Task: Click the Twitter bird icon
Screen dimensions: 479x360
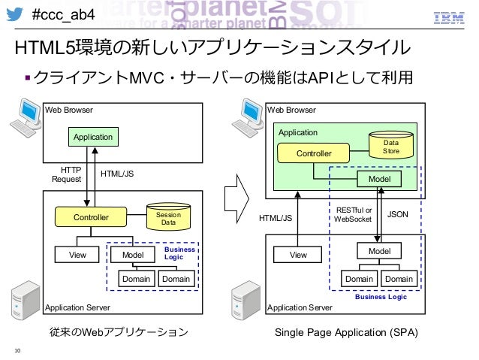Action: (x=15, y=14)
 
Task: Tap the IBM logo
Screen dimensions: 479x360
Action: (x=449, y=18)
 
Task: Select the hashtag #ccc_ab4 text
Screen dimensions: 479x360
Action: (x=63, y=14)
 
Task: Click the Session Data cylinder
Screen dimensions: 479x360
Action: (x=169, y=216)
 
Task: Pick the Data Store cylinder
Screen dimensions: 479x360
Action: (x=391, y=145)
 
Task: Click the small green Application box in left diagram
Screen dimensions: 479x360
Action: (x=93, y=137)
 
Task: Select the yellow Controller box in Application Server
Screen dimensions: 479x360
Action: (x=91, y=217)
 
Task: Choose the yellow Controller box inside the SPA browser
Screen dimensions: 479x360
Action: (x=313, y=153)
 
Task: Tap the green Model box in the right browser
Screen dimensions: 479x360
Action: (x=379, y=179)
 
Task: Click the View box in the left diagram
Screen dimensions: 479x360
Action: (x=77, y=255)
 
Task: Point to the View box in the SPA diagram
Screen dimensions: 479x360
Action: (x=297, y=255)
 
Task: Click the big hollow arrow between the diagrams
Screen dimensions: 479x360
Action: (x=236, y=199)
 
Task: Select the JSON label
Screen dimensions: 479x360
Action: (x=397, y=214)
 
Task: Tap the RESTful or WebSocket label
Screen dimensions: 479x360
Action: (x=353, y=214)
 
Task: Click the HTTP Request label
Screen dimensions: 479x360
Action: (x=67, y=174)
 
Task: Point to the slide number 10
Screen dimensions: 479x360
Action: (x=17, y=350)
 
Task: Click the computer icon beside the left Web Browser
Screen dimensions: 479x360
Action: (x=26, y=118)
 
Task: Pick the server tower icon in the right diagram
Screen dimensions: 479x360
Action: (x=246, y=301)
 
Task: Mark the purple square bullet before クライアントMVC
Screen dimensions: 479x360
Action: (x=28, y=77)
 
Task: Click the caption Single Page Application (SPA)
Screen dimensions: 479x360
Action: (x=346, y=332)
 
